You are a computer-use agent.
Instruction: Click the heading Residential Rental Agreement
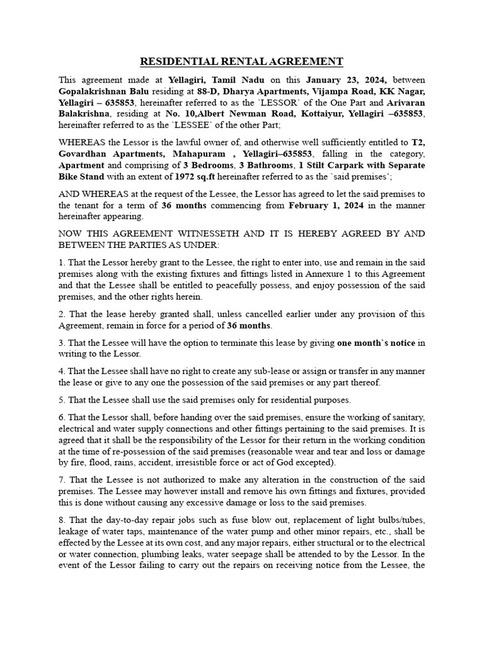tap(241, 61)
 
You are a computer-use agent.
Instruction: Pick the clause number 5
tap(61, 400)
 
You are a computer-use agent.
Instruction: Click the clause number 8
tap(61, 519)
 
